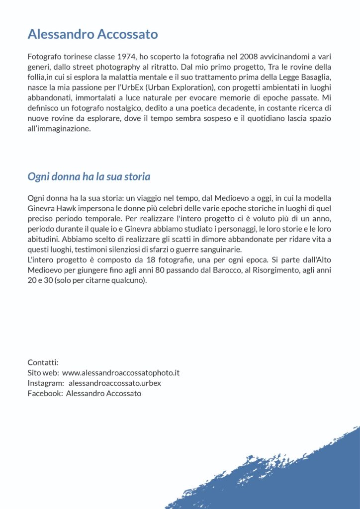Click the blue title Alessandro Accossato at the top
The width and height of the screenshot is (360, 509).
point(92,34)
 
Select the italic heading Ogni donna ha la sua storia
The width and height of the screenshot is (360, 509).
point(89,176)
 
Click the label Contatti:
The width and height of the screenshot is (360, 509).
point(43,362)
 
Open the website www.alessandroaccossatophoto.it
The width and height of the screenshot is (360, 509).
point(121,372)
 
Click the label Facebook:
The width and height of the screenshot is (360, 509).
point(45,393)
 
